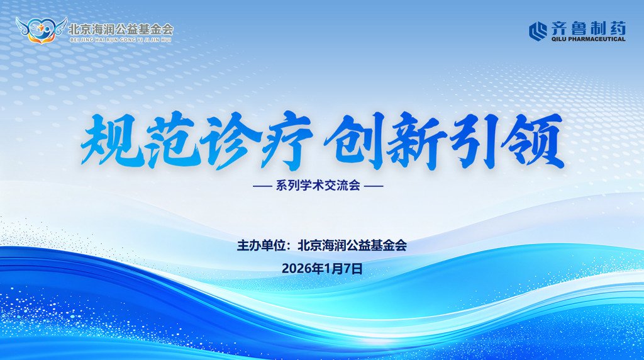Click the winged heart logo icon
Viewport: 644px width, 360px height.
click(41, 30)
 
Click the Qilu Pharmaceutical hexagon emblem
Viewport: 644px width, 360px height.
click(538, 31)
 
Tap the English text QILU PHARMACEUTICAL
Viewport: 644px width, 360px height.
click(589, 39)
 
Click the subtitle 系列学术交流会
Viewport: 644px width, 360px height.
click(318, 186)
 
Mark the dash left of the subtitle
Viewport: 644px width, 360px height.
click(263, 186)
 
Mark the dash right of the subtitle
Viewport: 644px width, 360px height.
click(374, 186)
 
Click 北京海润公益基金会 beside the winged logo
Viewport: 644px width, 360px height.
click(121, 29)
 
